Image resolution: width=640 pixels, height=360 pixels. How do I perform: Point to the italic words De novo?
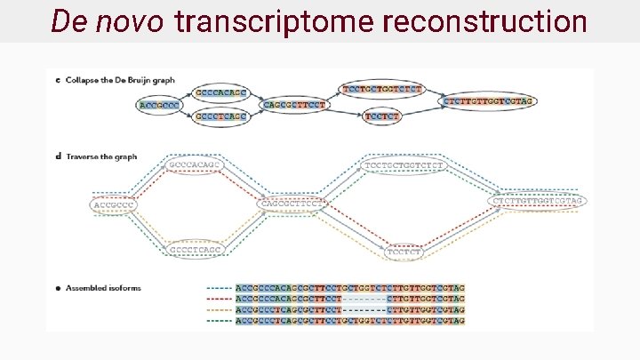pos(107,20)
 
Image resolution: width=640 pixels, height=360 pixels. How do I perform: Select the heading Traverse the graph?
pos(100,156)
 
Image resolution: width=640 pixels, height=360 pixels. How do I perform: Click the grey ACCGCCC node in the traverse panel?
pos(115,204)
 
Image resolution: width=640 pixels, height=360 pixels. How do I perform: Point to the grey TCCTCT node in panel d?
pos(404,252)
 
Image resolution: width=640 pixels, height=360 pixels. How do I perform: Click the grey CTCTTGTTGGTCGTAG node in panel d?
pos(539,201)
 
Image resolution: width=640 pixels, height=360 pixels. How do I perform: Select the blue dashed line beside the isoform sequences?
pos(219,288)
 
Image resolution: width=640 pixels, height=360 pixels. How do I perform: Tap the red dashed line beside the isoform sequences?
pos(219,299)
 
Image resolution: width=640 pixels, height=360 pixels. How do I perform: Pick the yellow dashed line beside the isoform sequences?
pos(219,309)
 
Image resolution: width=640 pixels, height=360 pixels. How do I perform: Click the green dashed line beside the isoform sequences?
pos(219,320)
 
